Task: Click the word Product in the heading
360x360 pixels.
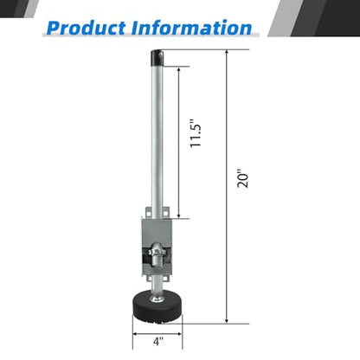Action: coord(86,28)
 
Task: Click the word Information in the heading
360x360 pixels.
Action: coord(191,28)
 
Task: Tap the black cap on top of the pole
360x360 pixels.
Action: coord(157,58)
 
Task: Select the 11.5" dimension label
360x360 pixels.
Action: coord(196,132)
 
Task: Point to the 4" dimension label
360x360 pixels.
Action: coord(158,342)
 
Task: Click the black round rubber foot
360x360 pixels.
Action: coord(157,307)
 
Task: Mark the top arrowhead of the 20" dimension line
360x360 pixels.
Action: coord(227,53)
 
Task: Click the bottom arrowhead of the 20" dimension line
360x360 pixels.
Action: coord(227,320)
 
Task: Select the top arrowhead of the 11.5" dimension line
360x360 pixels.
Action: coord(179,70)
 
